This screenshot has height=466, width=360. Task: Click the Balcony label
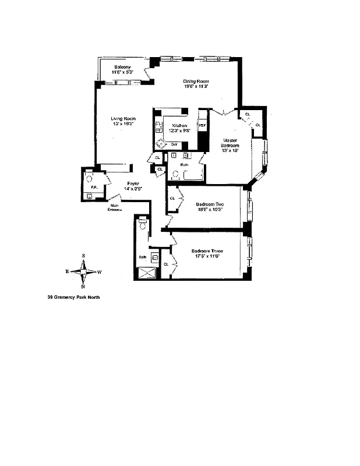point(122,66)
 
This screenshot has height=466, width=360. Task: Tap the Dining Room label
point(196,81)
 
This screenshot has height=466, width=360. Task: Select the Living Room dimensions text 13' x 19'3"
point(123,123)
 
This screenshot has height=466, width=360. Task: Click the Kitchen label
point(179,125)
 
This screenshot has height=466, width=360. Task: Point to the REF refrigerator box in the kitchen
point(203,125)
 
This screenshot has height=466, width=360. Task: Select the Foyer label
point(133,183)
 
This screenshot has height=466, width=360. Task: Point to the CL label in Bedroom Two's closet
point(172,199)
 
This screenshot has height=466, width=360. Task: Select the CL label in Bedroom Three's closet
point(166,264)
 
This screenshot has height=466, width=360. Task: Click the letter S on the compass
point(83,256)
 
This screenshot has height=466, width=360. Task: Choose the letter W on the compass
point(99,271)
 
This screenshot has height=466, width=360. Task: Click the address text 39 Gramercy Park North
point(74,296)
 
